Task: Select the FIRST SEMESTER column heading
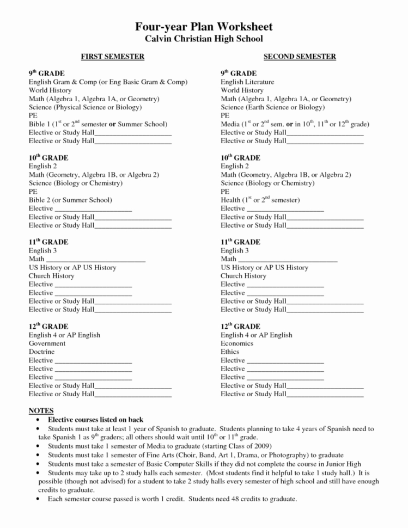(x=113, y=57)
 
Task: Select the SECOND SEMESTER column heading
(x=300, y=57)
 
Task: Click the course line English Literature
(x=247, y=82)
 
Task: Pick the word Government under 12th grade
(x=47, y=343)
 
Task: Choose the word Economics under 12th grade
(x=237, y=343)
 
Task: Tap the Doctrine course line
(x=42, y=352)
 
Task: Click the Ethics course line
(x=230, y=352)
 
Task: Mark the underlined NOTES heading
(x=41, y=410)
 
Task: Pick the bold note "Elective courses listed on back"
(x=95, y=420)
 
